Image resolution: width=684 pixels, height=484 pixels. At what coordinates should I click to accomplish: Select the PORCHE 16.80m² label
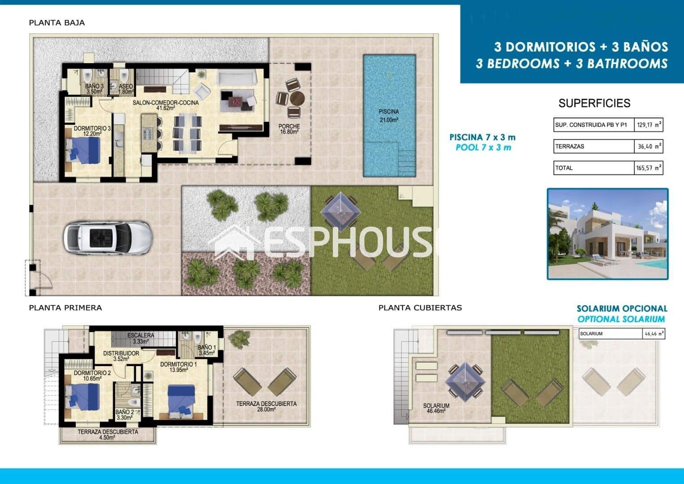click(x=289, y=129)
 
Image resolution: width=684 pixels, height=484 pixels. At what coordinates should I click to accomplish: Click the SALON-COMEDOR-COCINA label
click(x=165, y=105)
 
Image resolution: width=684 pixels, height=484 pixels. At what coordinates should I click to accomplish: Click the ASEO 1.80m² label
click(x=125, y=89)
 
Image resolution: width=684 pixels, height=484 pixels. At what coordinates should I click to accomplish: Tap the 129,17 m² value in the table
click(x=649, y=125)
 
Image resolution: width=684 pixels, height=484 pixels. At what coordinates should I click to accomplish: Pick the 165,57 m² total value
click(x=649, y=168)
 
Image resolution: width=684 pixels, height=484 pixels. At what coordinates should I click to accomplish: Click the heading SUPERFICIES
click(x=594, y=104)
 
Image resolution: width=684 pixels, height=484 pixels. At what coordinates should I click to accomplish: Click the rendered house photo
click(x=607, y=234)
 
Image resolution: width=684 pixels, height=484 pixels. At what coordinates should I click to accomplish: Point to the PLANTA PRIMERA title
click(x=65, y=308)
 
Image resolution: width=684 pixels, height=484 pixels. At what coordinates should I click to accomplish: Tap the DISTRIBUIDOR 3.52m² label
click(x=121, y=356)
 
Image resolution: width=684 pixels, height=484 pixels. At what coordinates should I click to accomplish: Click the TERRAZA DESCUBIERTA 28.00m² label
click(x=266, y=406)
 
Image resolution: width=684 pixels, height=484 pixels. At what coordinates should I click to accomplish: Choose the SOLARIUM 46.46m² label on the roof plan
click(x=436, y=408)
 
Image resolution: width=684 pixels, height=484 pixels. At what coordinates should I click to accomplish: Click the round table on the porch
click(x=297, y=98)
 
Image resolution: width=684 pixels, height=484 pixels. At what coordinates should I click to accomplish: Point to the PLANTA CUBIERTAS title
click(x=420, y=308)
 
